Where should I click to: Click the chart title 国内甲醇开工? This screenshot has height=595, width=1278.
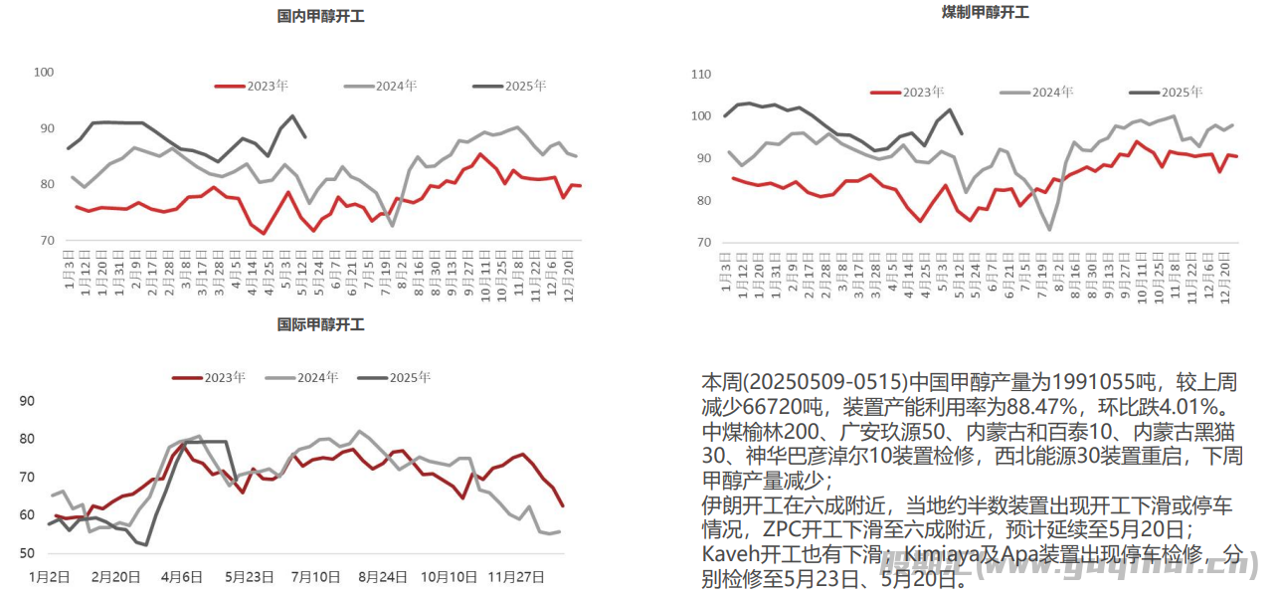tap(320, 16)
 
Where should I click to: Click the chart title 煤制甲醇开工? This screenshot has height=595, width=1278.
tap(985, 13)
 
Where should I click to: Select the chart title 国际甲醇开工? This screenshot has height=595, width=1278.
tap(320, 325)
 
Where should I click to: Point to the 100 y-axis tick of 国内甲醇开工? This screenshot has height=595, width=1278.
tap(44, 73)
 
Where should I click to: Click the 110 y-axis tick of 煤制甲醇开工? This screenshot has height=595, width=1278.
tap(701, 75)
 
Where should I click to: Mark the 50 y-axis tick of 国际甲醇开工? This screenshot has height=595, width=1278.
tap(28, 553)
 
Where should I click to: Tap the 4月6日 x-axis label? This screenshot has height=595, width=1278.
tap(182, 576)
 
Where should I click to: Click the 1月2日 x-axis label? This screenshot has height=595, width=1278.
tap(49, 576)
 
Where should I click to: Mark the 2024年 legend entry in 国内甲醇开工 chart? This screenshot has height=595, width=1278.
tap(396, 87)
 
